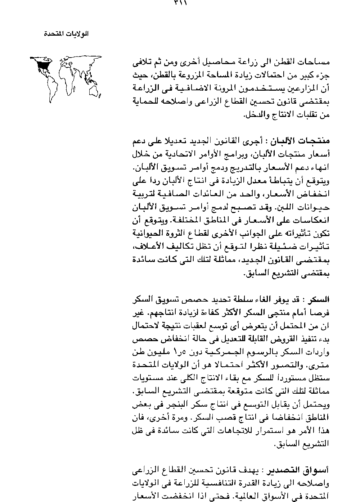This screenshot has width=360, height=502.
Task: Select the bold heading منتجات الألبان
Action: (306, 140)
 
